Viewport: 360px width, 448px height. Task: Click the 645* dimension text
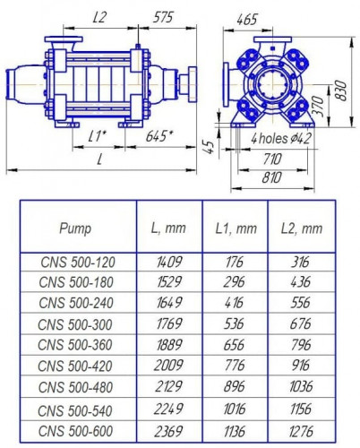click(x=160, y=136)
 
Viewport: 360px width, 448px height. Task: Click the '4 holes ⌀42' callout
click(x=280, y=139)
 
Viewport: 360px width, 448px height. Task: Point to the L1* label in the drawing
click(x=100, y=135)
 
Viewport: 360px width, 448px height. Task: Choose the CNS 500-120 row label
click(x=79, y=263)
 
